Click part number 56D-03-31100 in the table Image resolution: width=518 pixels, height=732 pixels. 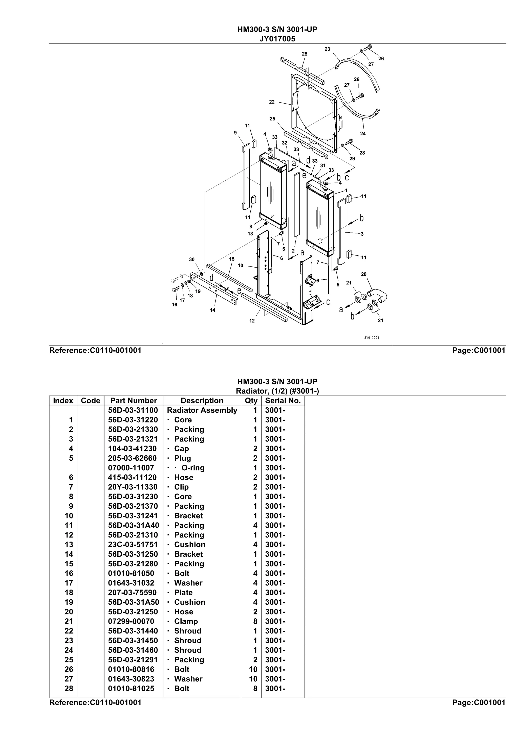(x=133, y=410)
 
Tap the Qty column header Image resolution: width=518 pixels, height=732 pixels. (x=251, y=401)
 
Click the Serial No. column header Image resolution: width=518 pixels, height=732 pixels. (x=283, y=401)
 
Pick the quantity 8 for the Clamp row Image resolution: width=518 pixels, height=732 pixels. (x=255, y=621)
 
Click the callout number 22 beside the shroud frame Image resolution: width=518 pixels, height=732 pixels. (x=272, y=102)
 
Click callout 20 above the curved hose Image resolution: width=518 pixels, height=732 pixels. (x=363, y=274)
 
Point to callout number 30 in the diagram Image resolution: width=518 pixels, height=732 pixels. (x=191, y=259)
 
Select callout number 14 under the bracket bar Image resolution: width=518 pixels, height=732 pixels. (x=212, y=310)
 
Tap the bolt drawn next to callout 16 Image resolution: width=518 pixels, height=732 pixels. (x=176, y=289)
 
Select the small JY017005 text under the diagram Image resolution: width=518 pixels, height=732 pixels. (x=372, y=338)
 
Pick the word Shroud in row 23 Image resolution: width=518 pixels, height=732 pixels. (x=188, y=641)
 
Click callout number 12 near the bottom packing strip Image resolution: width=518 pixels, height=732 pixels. (x=252, y=321)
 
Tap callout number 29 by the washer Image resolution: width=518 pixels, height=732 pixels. (x=352, y=158)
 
